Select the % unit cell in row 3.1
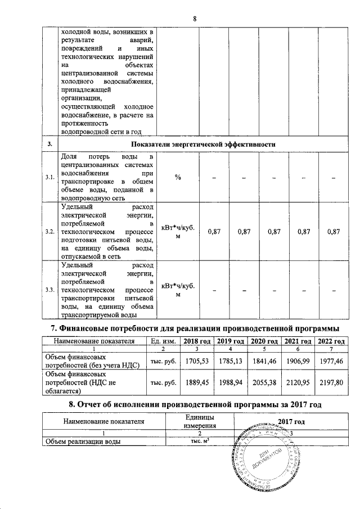pyautogui.click(x=178, y=178)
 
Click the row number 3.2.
pyautogui.click(x=49, y=232)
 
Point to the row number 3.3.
pyautogui.click(x=49, y=290)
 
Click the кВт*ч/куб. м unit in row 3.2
pyautogui.click(x=178, y=232)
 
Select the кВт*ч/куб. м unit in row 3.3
pyautogui.click(x=178, y=290)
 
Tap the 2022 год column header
pyautogui.click(x=331, y=341)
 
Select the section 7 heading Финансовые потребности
pyautogui.click(x=194, y=327)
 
